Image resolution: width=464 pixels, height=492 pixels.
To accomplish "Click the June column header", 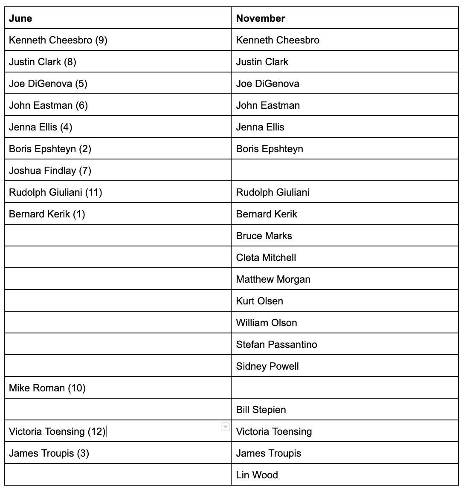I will point(20,18).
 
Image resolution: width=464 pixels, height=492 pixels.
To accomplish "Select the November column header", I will point(261,18).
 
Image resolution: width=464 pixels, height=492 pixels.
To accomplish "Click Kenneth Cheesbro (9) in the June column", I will point(58,40).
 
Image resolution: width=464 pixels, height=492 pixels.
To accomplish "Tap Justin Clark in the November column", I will point(262,62).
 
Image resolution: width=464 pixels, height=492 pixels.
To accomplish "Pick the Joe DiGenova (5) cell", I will point(48,84).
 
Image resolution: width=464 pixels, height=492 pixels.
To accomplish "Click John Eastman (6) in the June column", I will point(48,105).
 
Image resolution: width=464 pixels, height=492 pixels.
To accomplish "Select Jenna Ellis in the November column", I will point(260,127).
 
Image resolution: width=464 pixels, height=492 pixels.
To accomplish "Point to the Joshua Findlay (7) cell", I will point(50,171).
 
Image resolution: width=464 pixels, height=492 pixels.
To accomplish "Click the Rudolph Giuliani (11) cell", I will point(55,192).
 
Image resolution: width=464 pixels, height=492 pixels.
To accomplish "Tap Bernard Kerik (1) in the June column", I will point(47,214).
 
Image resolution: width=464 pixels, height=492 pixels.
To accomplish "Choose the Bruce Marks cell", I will point(264,236).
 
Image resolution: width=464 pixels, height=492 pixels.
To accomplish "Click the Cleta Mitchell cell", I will point(266,258).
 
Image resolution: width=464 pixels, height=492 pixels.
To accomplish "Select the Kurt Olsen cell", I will point(260,301).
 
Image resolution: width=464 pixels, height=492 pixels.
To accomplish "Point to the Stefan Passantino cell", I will point(277,344).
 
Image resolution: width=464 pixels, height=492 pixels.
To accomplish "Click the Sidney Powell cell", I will point(267,366).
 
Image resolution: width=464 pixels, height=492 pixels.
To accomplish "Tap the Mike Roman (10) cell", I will point(47,388).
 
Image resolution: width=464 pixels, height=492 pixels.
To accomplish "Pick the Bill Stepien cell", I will point(261,410).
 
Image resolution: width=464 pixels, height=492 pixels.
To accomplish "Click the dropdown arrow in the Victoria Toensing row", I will point(225,427).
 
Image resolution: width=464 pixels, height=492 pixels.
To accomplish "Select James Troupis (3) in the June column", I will point(49,453).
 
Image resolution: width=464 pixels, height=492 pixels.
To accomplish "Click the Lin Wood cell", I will point(257,475).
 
